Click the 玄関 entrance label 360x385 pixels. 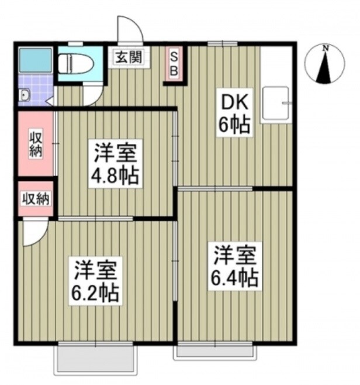tap(127, 57)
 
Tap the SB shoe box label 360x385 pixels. tap(174, 63)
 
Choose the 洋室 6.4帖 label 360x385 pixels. tap(235, 266)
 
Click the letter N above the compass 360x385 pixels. tap(326, 48)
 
